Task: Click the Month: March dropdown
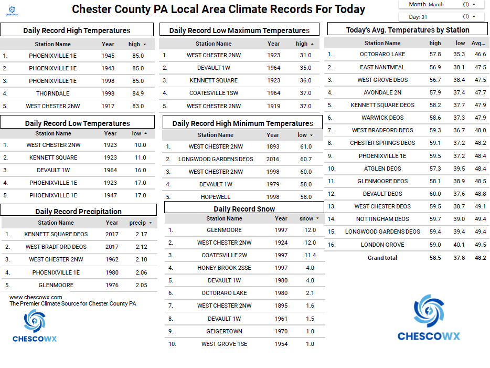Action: click(444, 4)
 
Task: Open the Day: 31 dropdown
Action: click(444, 17)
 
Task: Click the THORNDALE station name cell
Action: click(52, 93)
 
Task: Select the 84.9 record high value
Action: click(138, 93)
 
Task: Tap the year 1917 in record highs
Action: click(108, 106)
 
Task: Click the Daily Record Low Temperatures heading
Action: click(77, 123)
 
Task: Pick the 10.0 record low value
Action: click(140, 145)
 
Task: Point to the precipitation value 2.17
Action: click(141, 234)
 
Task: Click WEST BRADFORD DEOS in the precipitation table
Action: click(56, 247)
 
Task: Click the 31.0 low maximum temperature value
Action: click(305, 55)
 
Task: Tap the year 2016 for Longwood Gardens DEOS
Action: click(273, 159)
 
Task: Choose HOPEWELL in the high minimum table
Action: click(216, 197)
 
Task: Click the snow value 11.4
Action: click(310, 255)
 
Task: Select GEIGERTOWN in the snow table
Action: click(224, 331)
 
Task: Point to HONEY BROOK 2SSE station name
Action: click(224, 268)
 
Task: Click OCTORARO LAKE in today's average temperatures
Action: click(382, 54)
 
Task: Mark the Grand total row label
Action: click(382, 258)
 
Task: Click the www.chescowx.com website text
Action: click(36, 297)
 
